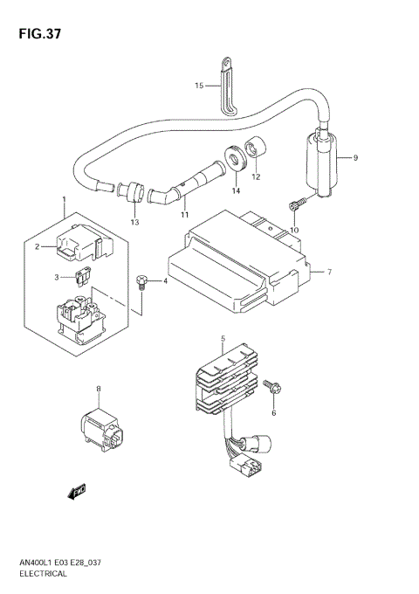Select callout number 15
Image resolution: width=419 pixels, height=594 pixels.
tap(199, 86)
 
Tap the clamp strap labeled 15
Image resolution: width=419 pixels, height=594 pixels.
tap(225, 85)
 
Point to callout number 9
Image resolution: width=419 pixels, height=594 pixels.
tap(355, 158)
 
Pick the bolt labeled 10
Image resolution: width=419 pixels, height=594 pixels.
tap(292, 205)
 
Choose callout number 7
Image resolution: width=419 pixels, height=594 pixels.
tap(330, 273)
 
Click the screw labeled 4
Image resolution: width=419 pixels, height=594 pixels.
tap(141, 280)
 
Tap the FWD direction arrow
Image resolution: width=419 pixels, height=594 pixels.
tap(77, 494)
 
